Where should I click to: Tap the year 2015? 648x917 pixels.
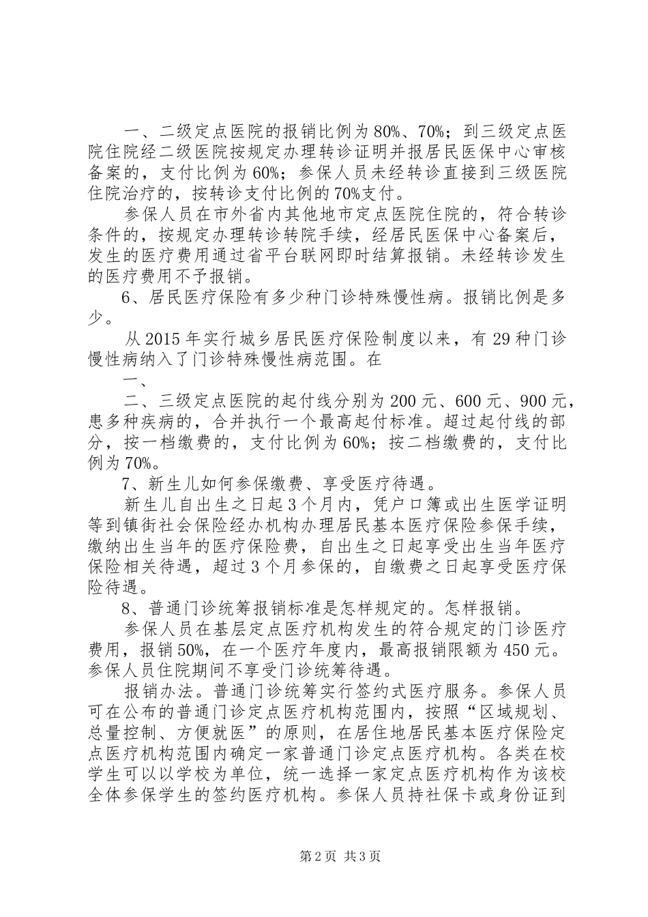click(165, 339)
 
